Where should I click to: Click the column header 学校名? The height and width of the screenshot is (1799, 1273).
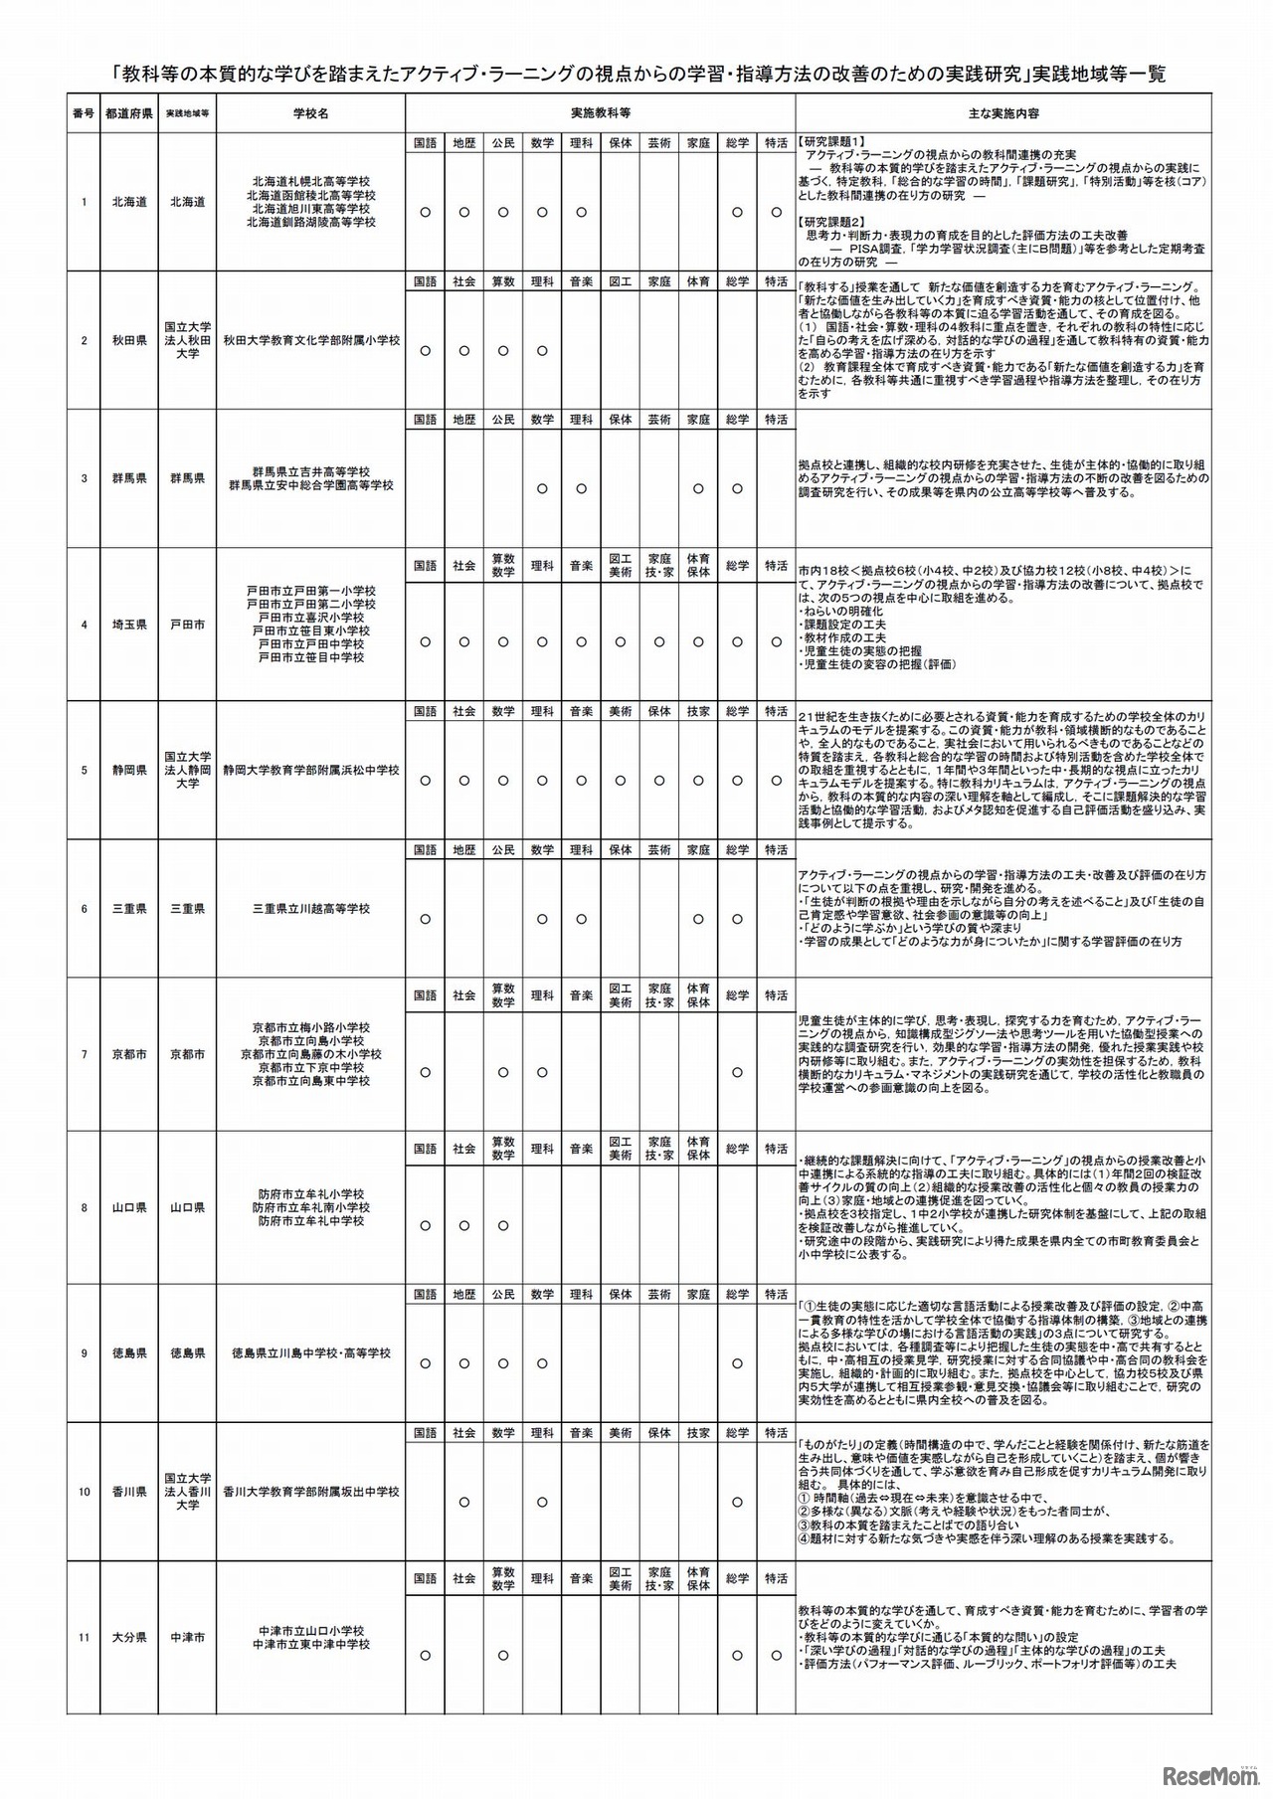point(310,113)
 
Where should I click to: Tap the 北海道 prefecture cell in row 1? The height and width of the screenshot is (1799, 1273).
point(128,202)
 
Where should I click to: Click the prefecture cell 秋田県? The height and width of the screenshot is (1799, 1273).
point(128,340)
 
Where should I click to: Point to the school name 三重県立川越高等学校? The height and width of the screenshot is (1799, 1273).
point(310,909)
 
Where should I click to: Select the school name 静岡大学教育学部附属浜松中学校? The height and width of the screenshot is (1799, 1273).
point(310,771)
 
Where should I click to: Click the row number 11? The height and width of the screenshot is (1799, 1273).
point(85,1637)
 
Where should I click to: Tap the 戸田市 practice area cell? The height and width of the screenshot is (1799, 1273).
point(187,625)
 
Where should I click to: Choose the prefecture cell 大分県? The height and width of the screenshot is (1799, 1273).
point(128,1637)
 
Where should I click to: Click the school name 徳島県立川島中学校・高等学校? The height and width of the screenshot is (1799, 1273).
point(310,1353)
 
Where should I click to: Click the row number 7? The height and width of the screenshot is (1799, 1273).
point(85,1054)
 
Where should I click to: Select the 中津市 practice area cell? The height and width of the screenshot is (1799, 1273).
point(187,1637)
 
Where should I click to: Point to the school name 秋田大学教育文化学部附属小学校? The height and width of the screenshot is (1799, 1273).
point(310,340)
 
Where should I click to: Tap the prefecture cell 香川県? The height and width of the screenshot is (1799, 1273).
point(128,1492)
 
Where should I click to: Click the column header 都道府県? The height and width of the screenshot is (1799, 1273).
point(128,113)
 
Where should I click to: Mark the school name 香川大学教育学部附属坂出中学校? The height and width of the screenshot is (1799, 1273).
point(310,1492)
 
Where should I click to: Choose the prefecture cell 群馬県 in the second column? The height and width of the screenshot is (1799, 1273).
point(128,478)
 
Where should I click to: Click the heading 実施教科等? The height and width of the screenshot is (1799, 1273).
point(600,113)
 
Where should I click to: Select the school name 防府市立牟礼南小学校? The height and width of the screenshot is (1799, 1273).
point(310,1207)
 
